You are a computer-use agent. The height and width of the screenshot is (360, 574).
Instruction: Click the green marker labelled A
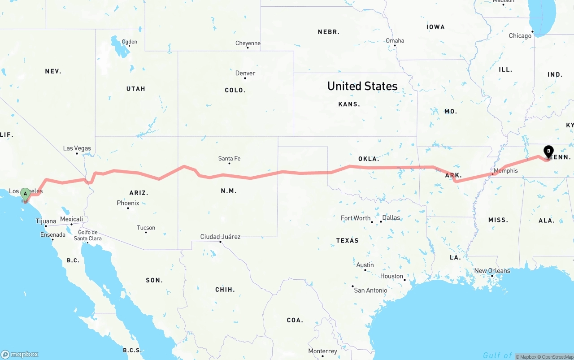tap(25, 194)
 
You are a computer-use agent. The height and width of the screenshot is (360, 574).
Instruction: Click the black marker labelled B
tap(548, 152)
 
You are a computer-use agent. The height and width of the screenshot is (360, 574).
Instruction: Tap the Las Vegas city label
tap(77, 148)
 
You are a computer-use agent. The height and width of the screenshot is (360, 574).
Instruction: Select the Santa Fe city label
tap(229, 158)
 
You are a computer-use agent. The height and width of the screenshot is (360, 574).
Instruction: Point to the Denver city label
tap(245, 73)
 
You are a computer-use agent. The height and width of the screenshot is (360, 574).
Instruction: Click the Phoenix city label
tap(128, 203)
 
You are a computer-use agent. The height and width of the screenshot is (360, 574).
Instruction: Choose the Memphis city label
tap(505, 171)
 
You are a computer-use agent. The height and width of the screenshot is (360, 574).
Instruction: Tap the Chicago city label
tap(520, 36)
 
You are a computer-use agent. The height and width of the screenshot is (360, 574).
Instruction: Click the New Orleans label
tap(492, 271)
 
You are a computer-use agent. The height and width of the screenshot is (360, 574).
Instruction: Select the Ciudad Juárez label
tap(220, 237)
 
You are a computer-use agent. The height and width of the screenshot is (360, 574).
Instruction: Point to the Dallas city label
tap(391, 218)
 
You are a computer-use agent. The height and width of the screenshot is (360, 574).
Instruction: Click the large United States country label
tap(362, 86)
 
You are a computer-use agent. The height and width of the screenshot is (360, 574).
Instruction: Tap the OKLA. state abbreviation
tap(369, 159)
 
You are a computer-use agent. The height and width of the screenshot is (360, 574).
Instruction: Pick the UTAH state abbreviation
tap(136, 89)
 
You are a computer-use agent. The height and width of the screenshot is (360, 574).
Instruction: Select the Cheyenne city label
tap(248, 43)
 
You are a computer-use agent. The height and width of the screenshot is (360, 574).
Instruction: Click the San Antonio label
tap(370, 291)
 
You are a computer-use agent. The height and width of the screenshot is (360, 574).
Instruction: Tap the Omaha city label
tap(395, 41)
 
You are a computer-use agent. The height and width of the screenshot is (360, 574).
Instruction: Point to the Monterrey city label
tap(322, 351)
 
